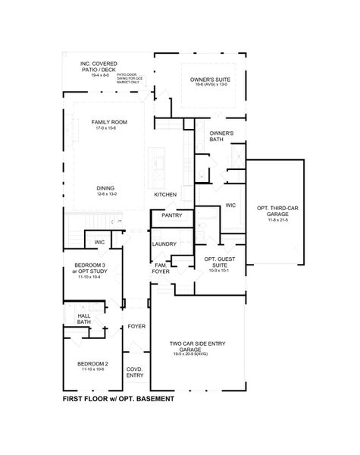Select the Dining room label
[x=106, y=188]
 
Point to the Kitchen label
[x=165, y=195]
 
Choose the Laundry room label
[x=164, y=243]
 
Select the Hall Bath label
[x=83, y=318]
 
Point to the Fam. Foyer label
[x=161, y=268]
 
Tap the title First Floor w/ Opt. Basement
[x=117, y=398]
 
